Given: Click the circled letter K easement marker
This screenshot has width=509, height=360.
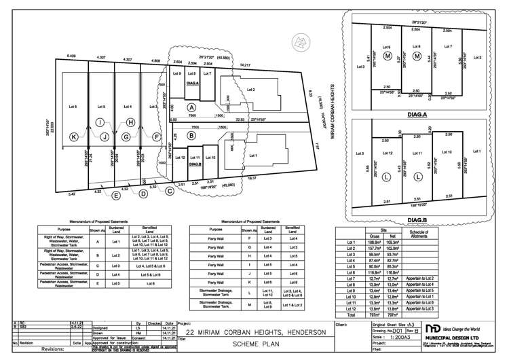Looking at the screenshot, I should point(56,137).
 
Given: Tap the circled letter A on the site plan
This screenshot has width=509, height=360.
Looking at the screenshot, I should point(192,107).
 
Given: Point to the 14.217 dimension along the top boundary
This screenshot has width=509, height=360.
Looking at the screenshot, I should point(246,65).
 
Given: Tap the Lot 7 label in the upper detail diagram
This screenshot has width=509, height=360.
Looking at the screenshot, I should point(447,47).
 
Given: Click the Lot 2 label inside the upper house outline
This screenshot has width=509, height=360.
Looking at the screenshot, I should point(250,89).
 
